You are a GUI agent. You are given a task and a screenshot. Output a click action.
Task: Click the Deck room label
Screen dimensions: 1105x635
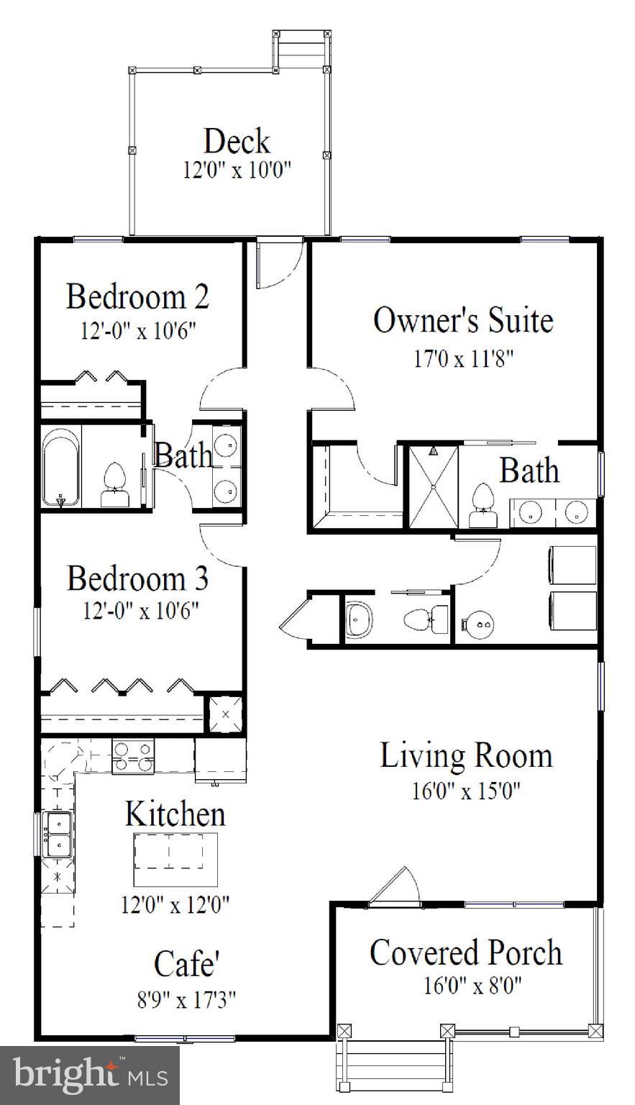click(x=237, y=141)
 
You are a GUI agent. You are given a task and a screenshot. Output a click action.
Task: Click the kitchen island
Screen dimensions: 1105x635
click(x=175, y=859)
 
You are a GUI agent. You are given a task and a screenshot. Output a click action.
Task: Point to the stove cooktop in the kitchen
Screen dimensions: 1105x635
click(x=133, y=757)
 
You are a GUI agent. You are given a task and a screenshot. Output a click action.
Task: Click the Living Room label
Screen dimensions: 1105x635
click(x=466, y=755)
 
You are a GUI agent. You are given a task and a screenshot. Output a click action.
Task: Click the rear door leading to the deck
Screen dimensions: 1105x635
click(x=277, y=263)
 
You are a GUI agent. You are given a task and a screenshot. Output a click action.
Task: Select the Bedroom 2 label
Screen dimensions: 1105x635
click(x=138, y=296)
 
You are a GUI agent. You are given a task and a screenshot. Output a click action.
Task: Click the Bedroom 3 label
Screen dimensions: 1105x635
click(x=138, y=578)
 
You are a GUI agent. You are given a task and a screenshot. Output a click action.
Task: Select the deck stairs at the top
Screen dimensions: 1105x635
click(x=301, y=50)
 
